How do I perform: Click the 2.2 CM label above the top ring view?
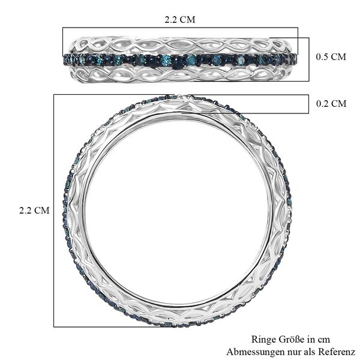179,19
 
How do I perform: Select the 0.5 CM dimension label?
331,57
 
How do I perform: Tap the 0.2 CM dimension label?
331,103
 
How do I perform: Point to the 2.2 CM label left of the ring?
34,210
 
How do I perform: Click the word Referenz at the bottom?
337,350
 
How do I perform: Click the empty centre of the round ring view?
178,210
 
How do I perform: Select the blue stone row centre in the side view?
179,59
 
